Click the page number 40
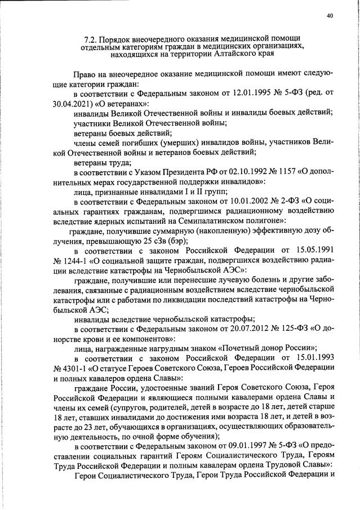(330, 15)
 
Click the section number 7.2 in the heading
(90, 38)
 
